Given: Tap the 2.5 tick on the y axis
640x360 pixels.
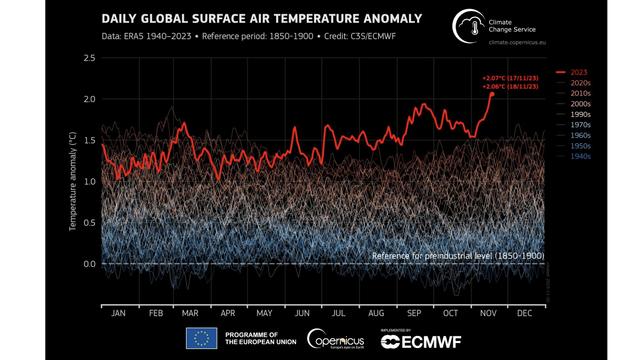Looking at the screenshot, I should click(89, 59).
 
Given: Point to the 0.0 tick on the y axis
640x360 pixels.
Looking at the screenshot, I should click(89, 264).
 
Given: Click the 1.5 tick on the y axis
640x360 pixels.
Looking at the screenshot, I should click(89, 141).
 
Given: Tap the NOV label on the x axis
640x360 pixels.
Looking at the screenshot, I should click(488, 312).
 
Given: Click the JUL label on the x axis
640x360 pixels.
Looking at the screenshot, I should click(338, 312).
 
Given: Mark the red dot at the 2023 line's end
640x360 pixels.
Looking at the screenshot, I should click(491, 93).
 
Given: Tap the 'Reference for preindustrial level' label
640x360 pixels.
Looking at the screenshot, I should click(457, 256).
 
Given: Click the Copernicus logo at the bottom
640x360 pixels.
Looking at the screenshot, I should click(336, 339).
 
